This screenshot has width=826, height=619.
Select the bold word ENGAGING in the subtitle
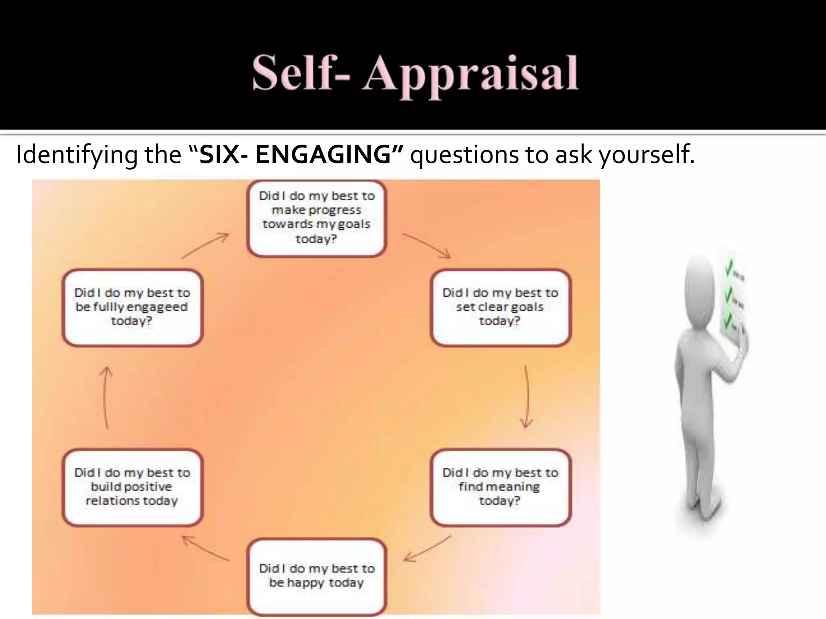point(323,154)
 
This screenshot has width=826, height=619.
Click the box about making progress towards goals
point(317,218)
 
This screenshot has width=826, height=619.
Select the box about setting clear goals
point(500,307)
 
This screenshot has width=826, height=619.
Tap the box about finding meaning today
point(500,487)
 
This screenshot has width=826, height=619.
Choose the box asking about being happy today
point(317,576)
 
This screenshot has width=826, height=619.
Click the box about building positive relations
point(132,487)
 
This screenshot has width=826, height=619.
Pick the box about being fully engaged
point(132,307)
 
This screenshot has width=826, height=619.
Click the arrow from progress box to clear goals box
point(427,245)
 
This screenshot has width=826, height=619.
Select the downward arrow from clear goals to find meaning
point(526,397)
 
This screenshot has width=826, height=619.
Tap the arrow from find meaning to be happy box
point(427,549)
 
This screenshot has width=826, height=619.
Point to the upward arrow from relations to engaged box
point(106,397)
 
